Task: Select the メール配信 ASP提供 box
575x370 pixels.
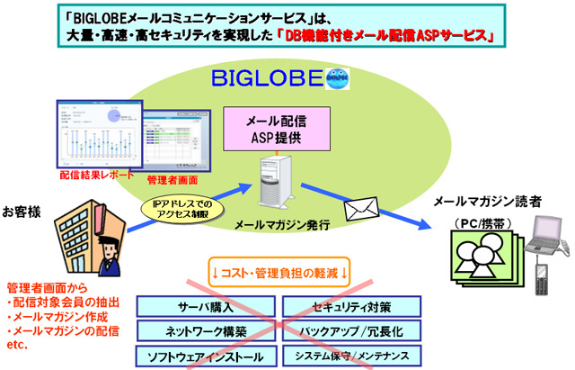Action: pos(271,130)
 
